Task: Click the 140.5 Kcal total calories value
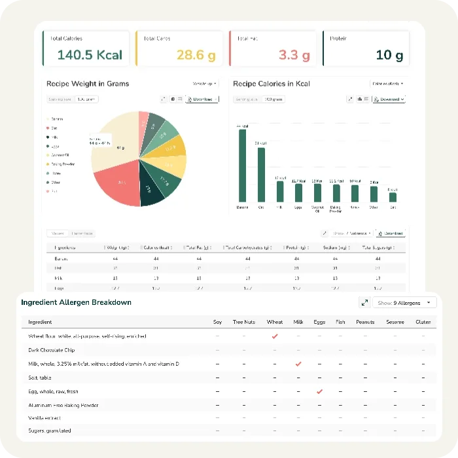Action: [x=90, y=55]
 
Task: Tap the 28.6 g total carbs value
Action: [x=196, y=55]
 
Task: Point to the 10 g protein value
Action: [x=389, y=55]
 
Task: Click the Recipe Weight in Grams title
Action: [x=88, y=84]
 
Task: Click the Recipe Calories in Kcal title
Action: [x=272, y=84]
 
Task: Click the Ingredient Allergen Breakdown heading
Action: [x=76, y=302]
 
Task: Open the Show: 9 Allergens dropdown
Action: [x=406, y=303]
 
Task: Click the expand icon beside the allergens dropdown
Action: [x=364, y=303]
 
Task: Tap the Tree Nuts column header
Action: [x=244, y=322]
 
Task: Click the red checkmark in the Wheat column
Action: [x=275, y=336]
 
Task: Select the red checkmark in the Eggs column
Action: [x=319, y=391]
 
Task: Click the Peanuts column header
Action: [x=364, y=322]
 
